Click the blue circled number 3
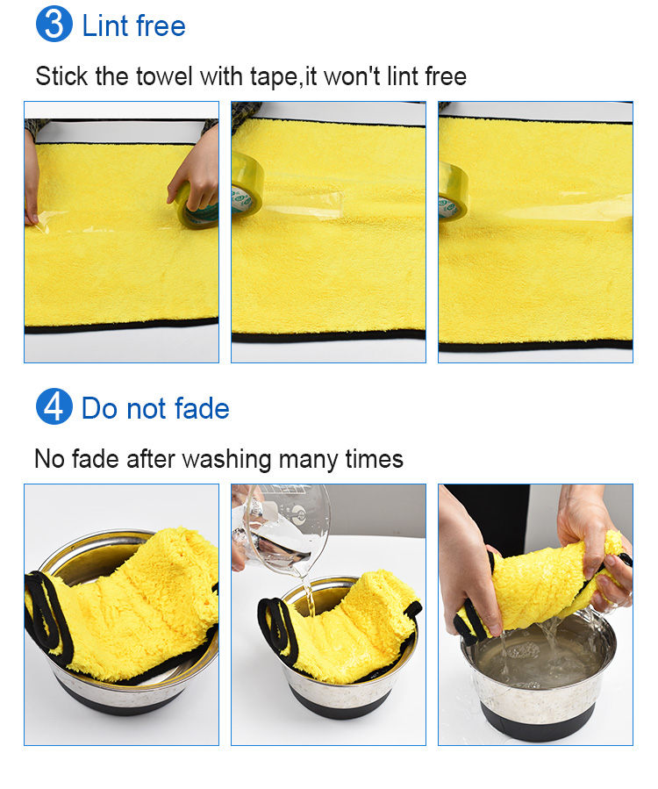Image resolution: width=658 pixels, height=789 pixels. tap(54, 25)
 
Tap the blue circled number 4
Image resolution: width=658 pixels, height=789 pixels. tap(54, 408)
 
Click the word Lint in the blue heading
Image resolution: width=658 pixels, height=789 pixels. tap(106, 25)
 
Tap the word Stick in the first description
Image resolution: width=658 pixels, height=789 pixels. tap(61, 76)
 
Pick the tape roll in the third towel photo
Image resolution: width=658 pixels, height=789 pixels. tap(452, 193)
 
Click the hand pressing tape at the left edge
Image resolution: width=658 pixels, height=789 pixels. tap(31, 180)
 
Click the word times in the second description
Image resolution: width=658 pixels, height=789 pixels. tap(375, 459)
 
